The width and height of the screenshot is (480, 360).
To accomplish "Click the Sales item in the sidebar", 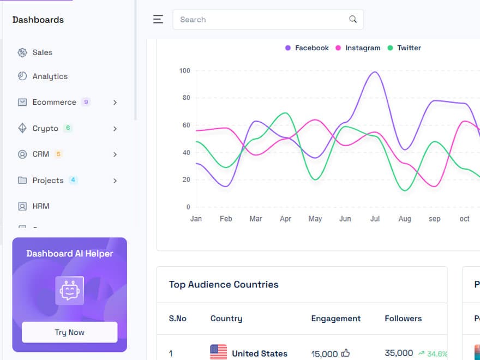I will [x=42, y=52].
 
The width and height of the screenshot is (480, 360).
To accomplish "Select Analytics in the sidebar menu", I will [x=50, y=76].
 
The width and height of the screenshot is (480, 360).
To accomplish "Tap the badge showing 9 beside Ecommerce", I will [x=86, y=102].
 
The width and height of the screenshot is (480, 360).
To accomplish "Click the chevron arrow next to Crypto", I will [x=115, y=129].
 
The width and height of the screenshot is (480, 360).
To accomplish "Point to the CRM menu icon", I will [x=22, y=154].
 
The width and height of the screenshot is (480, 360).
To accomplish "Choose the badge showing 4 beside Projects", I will [x=73, y=180].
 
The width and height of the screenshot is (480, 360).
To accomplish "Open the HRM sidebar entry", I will [x=40, y=206].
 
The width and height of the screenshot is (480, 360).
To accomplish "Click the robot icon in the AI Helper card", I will [x=70, y=290].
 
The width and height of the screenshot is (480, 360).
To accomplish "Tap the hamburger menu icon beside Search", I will [x=158, y=20].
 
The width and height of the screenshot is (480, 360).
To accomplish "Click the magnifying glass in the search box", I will [x=353, y=20].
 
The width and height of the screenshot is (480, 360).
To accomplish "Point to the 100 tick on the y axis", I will [x=184, y=70].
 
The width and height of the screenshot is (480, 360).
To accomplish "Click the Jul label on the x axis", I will [x=375, y=219].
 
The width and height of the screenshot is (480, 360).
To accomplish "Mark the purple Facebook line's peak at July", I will [x=375, y=71].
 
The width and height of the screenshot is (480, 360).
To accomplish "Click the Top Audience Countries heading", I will [x=224, y=284].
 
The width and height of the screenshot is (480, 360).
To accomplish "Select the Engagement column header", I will [x=335, y=319].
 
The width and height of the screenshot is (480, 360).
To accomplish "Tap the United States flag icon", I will [x=218, y=352].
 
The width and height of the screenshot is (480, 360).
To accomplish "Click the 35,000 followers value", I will [x=399, y=353].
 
